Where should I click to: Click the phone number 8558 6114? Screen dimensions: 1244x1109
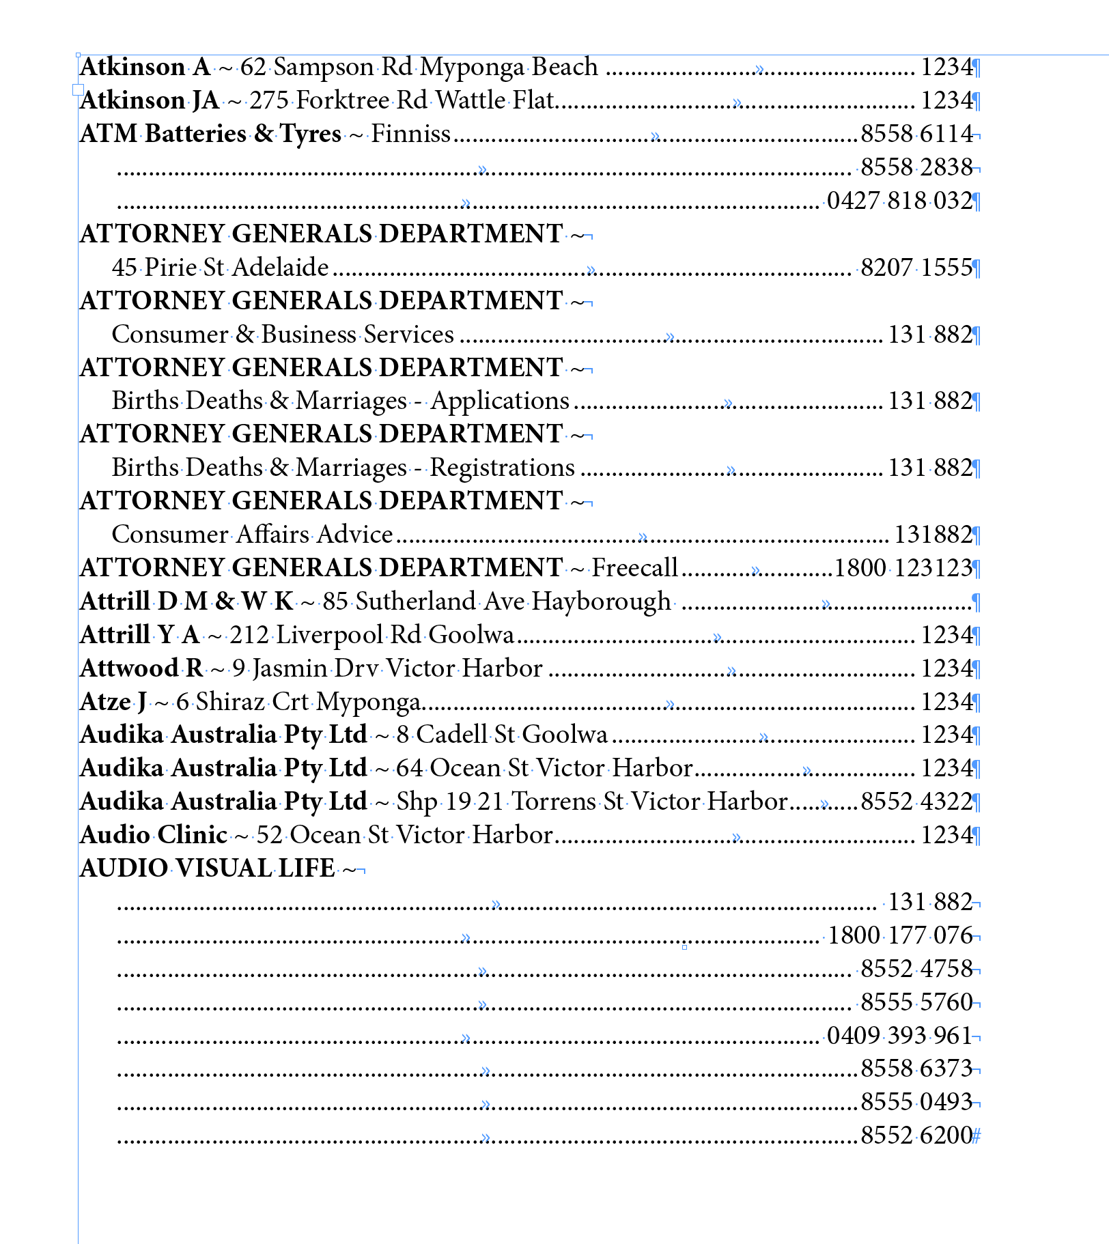916,134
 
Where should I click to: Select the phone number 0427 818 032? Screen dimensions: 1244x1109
899,201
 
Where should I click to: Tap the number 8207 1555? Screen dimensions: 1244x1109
916,268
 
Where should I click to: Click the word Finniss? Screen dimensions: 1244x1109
410,134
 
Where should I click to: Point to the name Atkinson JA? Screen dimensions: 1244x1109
150,100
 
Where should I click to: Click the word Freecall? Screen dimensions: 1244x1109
634,567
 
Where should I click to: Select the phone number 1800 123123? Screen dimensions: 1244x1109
903,567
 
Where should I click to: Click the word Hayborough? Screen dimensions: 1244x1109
601,601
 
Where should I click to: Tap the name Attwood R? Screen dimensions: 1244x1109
141,668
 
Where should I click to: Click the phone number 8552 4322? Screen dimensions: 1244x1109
916,801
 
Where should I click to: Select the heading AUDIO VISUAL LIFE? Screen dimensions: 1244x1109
208,868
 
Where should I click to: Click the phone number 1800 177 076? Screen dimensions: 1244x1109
900,935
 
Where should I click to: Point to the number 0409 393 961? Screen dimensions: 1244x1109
899,1036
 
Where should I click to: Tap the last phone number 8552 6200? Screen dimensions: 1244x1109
916,1135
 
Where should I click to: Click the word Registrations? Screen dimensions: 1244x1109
502,468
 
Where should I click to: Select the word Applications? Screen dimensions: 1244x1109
500,401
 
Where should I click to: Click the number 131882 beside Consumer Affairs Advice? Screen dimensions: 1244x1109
933,534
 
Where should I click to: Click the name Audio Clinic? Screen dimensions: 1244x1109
154,835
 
